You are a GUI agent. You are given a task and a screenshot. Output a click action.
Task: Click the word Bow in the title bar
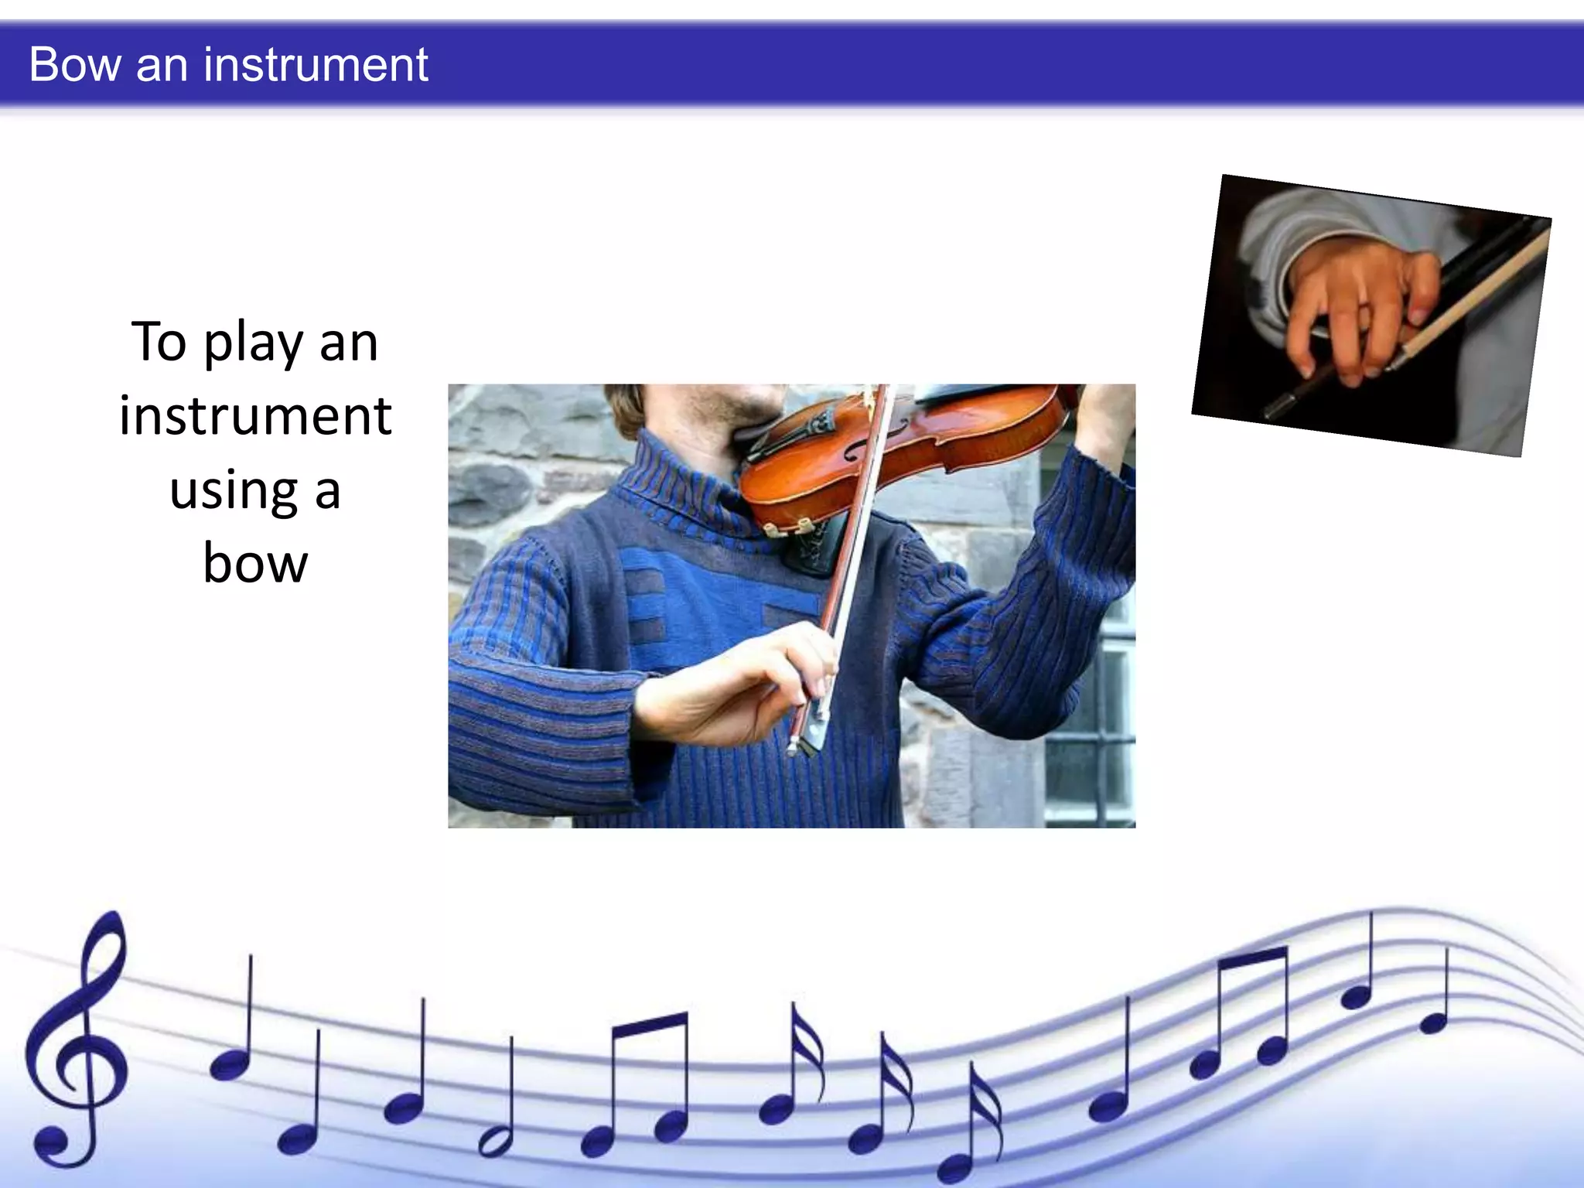[x=75, y=64]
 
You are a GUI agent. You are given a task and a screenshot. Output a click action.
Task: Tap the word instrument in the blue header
[x=316, y=64]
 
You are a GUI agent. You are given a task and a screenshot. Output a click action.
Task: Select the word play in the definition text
[x=253, y=343]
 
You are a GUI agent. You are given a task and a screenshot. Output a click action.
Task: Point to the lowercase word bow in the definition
[x=255, y=564]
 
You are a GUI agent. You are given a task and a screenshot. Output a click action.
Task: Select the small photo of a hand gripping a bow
[x=1371, y=315]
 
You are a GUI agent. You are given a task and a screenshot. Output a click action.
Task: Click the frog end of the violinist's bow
[x=808, y=735]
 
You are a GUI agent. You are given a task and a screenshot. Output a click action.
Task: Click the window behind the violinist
[x=1091, y=696]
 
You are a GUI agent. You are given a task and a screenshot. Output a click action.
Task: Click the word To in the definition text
[x=159, y=343]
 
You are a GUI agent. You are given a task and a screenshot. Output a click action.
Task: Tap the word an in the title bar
[x=162, y=64]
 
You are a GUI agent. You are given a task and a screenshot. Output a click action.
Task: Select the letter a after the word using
[x=327, y=491]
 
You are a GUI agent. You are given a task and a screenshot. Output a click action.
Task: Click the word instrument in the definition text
[x=255, y=417]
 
